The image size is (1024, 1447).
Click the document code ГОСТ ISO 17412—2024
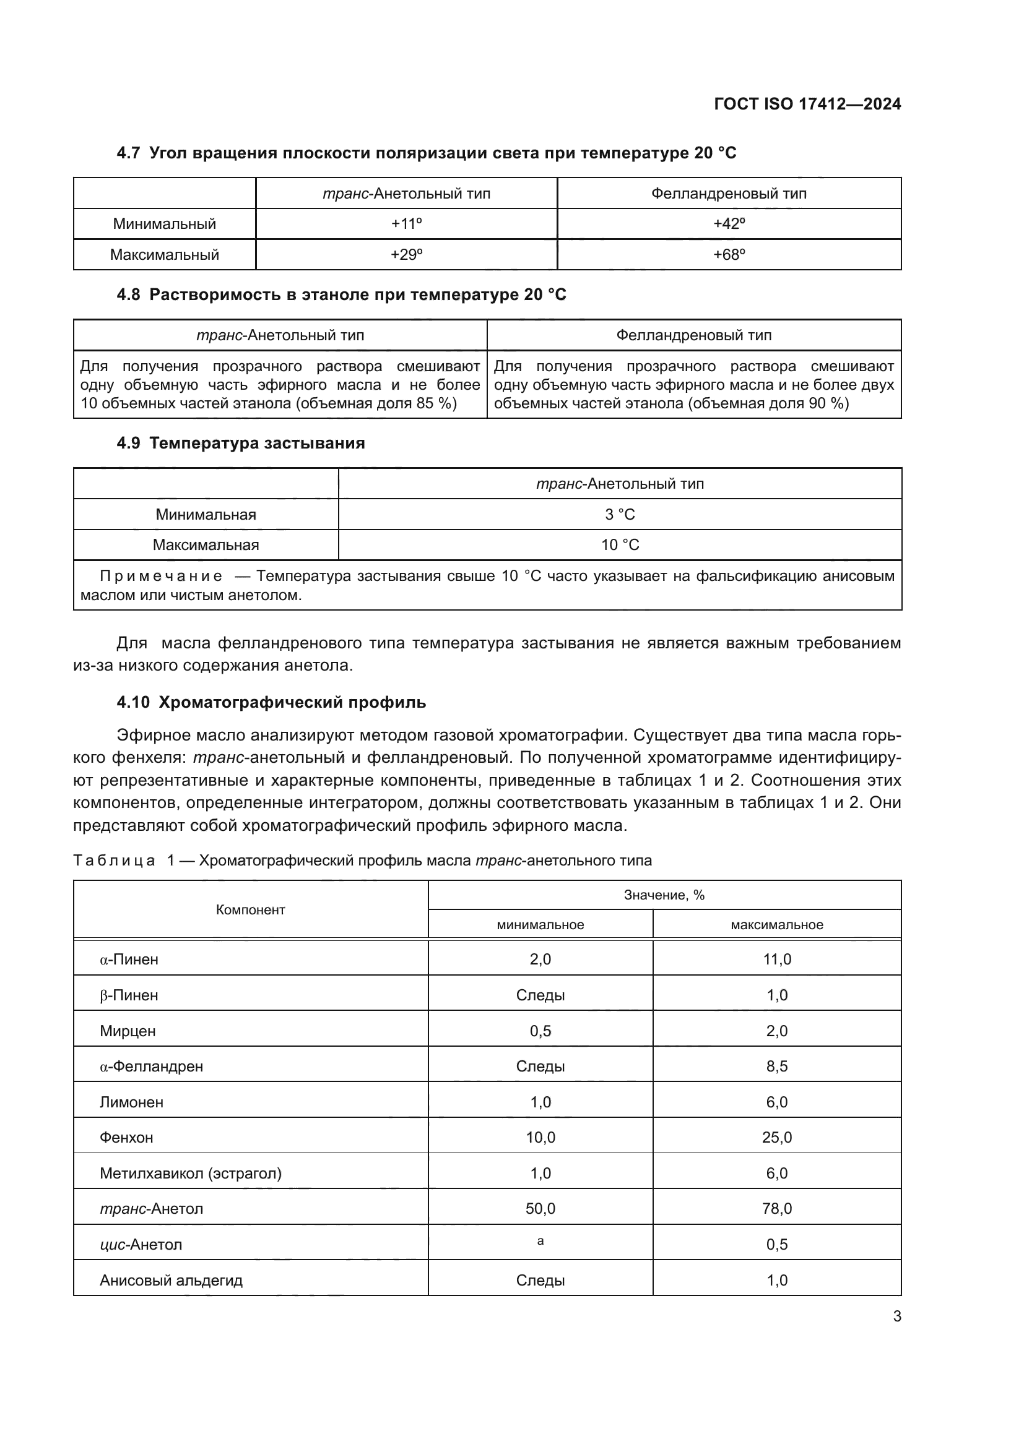807,104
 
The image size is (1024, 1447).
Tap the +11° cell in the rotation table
406,224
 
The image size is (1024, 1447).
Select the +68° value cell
729,255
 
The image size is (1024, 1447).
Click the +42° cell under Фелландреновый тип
729,224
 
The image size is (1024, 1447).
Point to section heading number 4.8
128,295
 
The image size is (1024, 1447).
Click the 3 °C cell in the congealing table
620,514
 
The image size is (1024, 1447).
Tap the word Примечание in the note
161,576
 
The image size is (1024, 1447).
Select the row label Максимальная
206,545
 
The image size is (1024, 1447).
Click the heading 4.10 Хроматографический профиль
271,702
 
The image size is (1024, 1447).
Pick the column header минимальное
540,924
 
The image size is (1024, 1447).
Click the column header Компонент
250,909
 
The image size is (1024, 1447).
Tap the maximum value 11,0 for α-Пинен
777,960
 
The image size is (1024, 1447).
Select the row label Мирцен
128,1031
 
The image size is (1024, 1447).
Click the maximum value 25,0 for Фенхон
777,1138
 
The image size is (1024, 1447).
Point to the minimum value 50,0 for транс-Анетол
540,1209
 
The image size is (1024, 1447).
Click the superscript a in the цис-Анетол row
540,1241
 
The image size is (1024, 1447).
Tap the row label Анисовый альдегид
171,1280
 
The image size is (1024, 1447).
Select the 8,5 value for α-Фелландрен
777,1067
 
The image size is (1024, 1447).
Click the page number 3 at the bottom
896,1316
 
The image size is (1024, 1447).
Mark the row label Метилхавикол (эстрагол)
191,1174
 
